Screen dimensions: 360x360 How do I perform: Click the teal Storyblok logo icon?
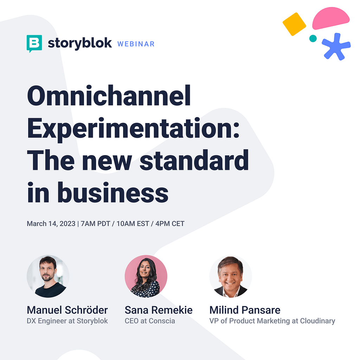tap(34, 43)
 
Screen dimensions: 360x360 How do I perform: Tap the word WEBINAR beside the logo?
tap(136, 44)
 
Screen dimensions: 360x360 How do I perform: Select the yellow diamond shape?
tap(294, 24)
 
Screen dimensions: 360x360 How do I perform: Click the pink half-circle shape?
tap(330, 18)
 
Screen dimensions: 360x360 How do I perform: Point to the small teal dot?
tap(313, 38)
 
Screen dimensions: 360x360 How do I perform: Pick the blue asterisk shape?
tap(336, 47)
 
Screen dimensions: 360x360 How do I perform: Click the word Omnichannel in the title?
tap(109, 96)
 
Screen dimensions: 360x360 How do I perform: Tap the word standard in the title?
tap(194, 160)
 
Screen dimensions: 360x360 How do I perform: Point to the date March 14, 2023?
tap(51, 224)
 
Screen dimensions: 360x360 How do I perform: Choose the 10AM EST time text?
tap(133, 224)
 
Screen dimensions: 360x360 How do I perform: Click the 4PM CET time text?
tap(170, 224)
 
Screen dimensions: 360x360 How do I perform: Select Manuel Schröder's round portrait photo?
tap(48, 276)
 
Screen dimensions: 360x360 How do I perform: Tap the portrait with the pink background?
tap(146, 276)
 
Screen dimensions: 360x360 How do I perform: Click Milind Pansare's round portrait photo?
tap(231, 276)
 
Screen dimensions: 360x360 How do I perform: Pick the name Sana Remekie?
tap(159, 310)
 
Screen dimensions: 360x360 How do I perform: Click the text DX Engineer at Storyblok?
tap(67, 321)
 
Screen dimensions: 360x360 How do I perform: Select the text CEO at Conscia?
tap(150, 321)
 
